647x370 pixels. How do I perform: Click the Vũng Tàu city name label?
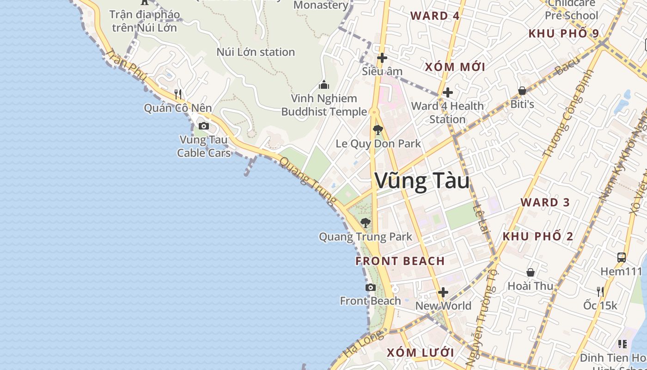pyautogui.click(x=422, y=180)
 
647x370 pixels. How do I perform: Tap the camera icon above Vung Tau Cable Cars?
pyautogui.click(x=203, y=126)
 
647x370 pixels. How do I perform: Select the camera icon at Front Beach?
pyautogui.click(x=370, y=288)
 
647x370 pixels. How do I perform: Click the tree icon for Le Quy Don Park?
pyautogui.click(x=378, y=130)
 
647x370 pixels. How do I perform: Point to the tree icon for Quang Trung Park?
pyautogui.click(x=366, y=223)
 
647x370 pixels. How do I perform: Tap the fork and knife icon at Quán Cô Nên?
pyautogui.click(x=178, y=94)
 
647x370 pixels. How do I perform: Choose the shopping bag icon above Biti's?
pyautogui.click(x=522, y=91)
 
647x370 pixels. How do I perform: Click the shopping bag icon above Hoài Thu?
pyautogui.click(x=531, y=272)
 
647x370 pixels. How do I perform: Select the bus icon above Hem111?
pyautogui.click(x=622, y=258)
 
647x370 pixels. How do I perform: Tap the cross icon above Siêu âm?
pyautogui.click(x=382, y=58)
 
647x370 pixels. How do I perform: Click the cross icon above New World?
pyautogui.click(x=443, y=292)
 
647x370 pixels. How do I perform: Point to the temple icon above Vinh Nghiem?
pyautogui.click(x=324, y=85)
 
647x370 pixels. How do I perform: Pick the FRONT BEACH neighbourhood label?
pyautogui.click(x=400, y=261)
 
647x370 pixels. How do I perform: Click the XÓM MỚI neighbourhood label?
pyautogui.click(x=455, y=67)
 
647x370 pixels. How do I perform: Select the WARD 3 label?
pyautogui.click(x=545, y=202)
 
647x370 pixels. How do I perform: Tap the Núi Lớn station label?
pyautogui.click(x=256, y=52)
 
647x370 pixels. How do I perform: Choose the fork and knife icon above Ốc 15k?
pyautogui.click(x=600, y=291)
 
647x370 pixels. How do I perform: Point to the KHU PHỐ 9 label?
pyautogui.click(x=563, y=33)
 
